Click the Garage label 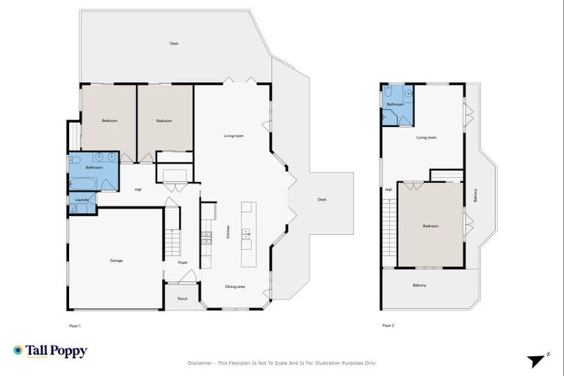[x=116, y=261]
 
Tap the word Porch [x=182, y=298]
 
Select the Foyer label [x=182, y=262]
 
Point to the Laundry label [x=82, y=200]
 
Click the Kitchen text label [x=228, y=231]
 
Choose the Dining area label [x=236, y=286]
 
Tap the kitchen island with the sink [x=246, y=235]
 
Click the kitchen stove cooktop [x=206, y=236]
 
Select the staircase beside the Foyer [x=171, y=229]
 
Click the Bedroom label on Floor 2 [x=430, y=226]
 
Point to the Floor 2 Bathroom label [x=396, y=105]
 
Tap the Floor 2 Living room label [x=427, y=137]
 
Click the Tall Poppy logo [x=50, y=351]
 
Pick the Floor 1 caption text [x=74, y=325]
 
